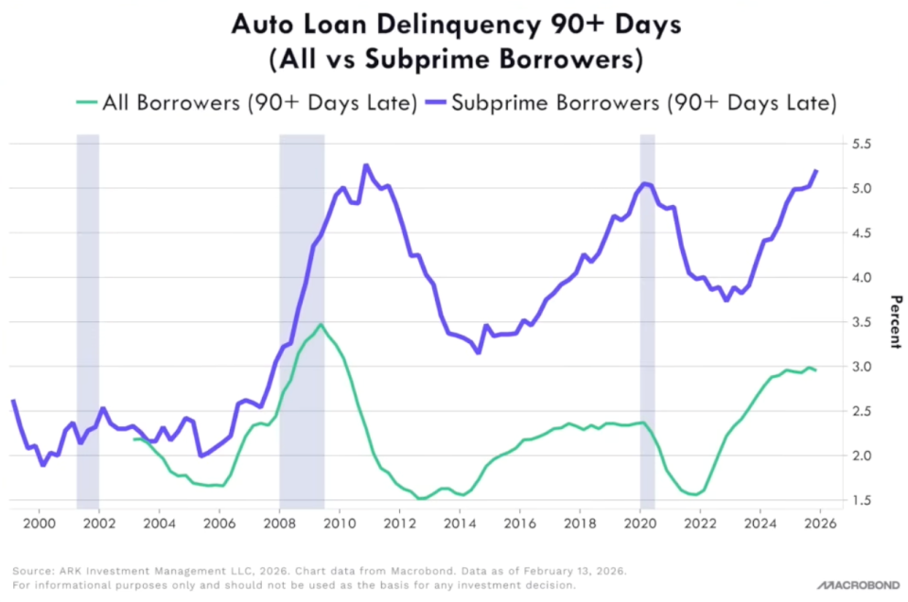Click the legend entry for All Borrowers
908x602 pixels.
pos(245,103)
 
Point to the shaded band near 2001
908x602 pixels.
pos(88,321)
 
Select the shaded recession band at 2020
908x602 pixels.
pos(647,321)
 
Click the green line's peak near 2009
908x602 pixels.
pos(321,325)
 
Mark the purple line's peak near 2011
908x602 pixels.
pos(366,165)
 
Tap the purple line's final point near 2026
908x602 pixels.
pos(816,170)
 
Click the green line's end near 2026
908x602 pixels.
pos(815,370)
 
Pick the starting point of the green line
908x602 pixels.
pos(135,439)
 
